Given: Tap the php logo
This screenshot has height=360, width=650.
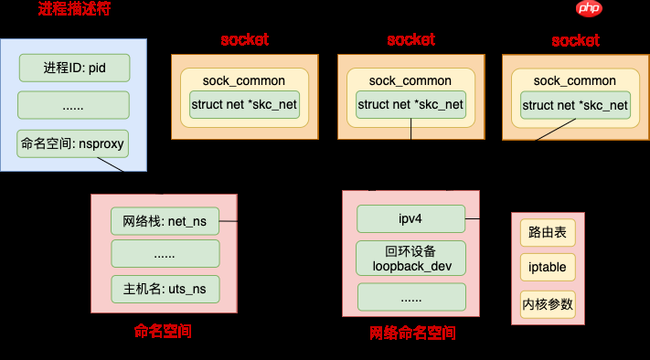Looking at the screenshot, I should pos(589,9).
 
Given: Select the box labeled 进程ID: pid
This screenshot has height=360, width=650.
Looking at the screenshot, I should pos(74,68).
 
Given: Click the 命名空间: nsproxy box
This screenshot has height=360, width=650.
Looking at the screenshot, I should pos(74,143).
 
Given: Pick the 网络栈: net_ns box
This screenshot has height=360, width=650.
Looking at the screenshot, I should pos(165,221).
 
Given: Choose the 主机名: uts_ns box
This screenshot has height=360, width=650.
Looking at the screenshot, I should pos(165,289).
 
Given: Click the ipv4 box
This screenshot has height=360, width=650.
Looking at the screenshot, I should pos(410,219).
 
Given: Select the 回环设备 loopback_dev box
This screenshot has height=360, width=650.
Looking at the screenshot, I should pos(410,259).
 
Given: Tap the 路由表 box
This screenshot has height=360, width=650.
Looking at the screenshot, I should pos(548,234).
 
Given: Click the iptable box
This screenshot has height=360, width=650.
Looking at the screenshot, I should pos(548,269).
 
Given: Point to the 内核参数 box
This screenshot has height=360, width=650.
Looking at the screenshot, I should pos(548,303).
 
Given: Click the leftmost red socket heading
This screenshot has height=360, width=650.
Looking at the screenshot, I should pos(244,40).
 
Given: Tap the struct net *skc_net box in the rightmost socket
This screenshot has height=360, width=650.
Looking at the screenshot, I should pos(575,105).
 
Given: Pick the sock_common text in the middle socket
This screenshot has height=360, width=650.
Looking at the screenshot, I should pos(410,80).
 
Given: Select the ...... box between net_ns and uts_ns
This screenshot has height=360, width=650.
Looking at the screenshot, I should pos(165,254).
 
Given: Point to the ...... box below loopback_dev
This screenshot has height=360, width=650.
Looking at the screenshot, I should pos(410,297).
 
